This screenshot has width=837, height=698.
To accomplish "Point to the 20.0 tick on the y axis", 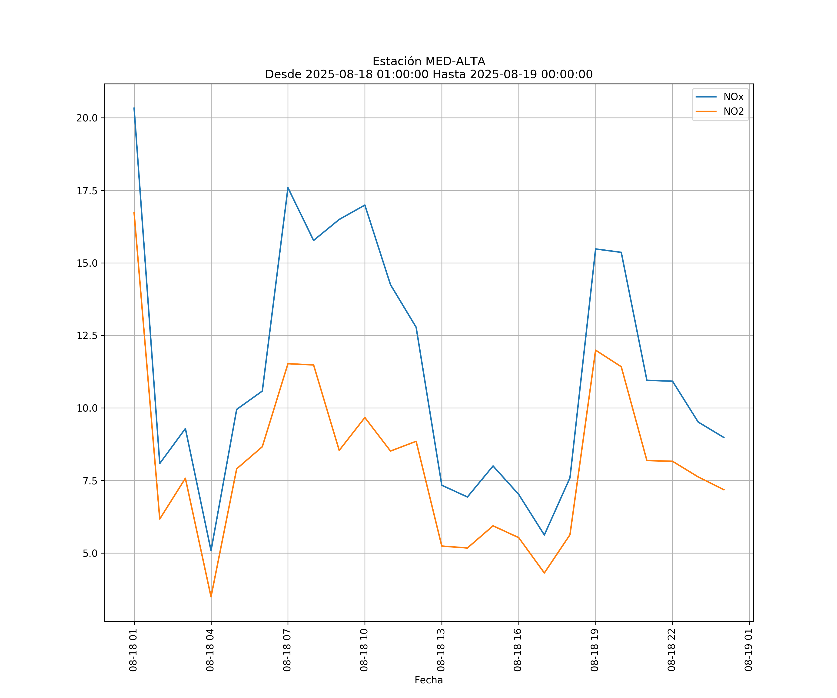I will pos(87,118).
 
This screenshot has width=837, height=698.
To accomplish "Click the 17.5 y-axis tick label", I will pos(87,191).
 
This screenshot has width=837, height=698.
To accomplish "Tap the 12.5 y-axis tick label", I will pos(87,336).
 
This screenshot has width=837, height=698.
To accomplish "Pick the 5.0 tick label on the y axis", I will pos(90,553).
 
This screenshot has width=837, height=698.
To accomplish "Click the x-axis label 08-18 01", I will pos(133,650).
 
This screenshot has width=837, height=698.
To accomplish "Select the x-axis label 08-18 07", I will pos(287,650).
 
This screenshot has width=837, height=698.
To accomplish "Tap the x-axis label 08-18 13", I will pos(441,650).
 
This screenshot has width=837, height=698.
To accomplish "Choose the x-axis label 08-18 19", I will pos(595,650).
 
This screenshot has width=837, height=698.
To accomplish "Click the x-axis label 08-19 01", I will pos(748,650).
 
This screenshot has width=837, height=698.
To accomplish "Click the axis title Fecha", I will pos(428,680).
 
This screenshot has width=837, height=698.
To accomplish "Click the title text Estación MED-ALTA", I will pos(428,61).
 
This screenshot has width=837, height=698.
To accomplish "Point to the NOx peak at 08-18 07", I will pos(288,188).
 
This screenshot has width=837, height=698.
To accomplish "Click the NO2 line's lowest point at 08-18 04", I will pos(211,597).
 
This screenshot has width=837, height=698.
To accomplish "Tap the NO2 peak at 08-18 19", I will pos(595,350).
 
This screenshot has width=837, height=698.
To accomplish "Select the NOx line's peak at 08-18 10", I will pos(365,205).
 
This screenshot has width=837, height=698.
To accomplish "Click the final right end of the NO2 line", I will pos(724,490).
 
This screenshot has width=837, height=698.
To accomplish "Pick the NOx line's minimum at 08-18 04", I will pos(211,551).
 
